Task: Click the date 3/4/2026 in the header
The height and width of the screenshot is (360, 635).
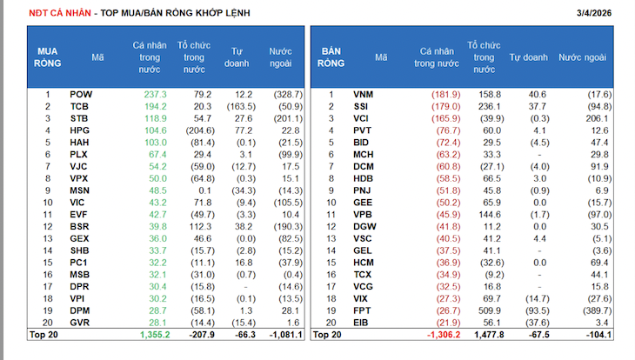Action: coord(595,13)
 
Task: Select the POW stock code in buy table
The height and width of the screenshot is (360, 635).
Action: coord(80,94)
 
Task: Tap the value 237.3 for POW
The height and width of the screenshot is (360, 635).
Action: coord(155,94)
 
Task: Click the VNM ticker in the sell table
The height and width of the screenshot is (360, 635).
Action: coord(363,94)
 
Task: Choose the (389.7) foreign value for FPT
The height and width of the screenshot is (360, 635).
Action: coord(596,310)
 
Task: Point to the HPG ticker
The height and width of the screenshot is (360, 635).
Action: coord(80,130)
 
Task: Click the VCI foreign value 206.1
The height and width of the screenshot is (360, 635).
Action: coord(599,118)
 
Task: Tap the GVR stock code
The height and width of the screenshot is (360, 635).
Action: coord(80,322)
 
